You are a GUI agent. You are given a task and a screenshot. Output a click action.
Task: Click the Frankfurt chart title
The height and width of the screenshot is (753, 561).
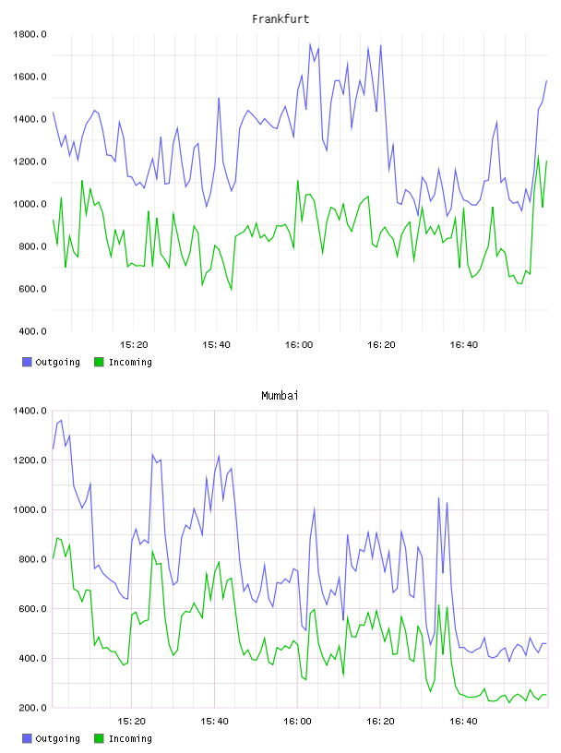tap(280, 18)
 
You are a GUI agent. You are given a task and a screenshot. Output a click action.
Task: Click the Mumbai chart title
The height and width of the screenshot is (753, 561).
tap(280, 395)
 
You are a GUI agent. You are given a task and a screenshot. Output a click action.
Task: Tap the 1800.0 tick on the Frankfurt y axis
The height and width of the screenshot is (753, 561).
tap(30, 34)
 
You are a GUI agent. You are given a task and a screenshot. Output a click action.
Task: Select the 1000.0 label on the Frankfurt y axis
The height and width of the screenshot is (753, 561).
tap(30, 204)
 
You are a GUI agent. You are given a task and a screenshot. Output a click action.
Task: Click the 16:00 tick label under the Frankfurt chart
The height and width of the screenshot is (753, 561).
tap(299, 344)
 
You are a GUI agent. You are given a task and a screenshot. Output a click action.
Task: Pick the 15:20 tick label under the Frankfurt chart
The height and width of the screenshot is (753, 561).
tap(134, 344)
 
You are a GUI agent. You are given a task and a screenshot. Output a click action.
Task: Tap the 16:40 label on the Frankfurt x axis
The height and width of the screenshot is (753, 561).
tap(463, 344)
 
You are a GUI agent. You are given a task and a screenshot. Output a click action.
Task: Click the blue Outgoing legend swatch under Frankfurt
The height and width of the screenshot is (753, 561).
tap(27, 362)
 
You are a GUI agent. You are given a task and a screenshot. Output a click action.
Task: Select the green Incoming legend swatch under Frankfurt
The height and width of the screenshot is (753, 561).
tap(99, 362)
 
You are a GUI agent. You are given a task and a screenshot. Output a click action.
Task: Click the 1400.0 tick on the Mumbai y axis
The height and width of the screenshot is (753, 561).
tap(30, 411)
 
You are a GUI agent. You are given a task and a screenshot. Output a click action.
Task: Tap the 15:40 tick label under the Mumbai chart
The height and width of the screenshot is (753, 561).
tap(214, 721)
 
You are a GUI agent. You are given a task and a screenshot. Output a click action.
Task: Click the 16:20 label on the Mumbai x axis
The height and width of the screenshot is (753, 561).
tap(380, 721)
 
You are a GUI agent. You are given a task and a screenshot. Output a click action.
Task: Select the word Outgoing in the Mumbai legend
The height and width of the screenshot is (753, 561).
tap(57, 738)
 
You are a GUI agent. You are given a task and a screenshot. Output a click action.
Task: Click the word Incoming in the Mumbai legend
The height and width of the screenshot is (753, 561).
tap(130, 738)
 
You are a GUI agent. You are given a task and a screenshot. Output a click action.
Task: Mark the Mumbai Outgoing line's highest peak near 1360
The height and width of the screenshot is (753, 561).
tap(61, 420)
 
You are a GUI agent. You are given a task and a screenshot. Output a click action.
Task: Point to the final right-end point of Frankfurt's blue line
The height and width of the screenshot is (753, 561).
tap(546, 80)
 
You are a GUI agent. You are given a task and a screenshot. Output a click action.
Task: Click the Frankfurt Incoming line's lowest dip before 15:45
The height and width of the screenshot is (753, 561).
tap(232, 290)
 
